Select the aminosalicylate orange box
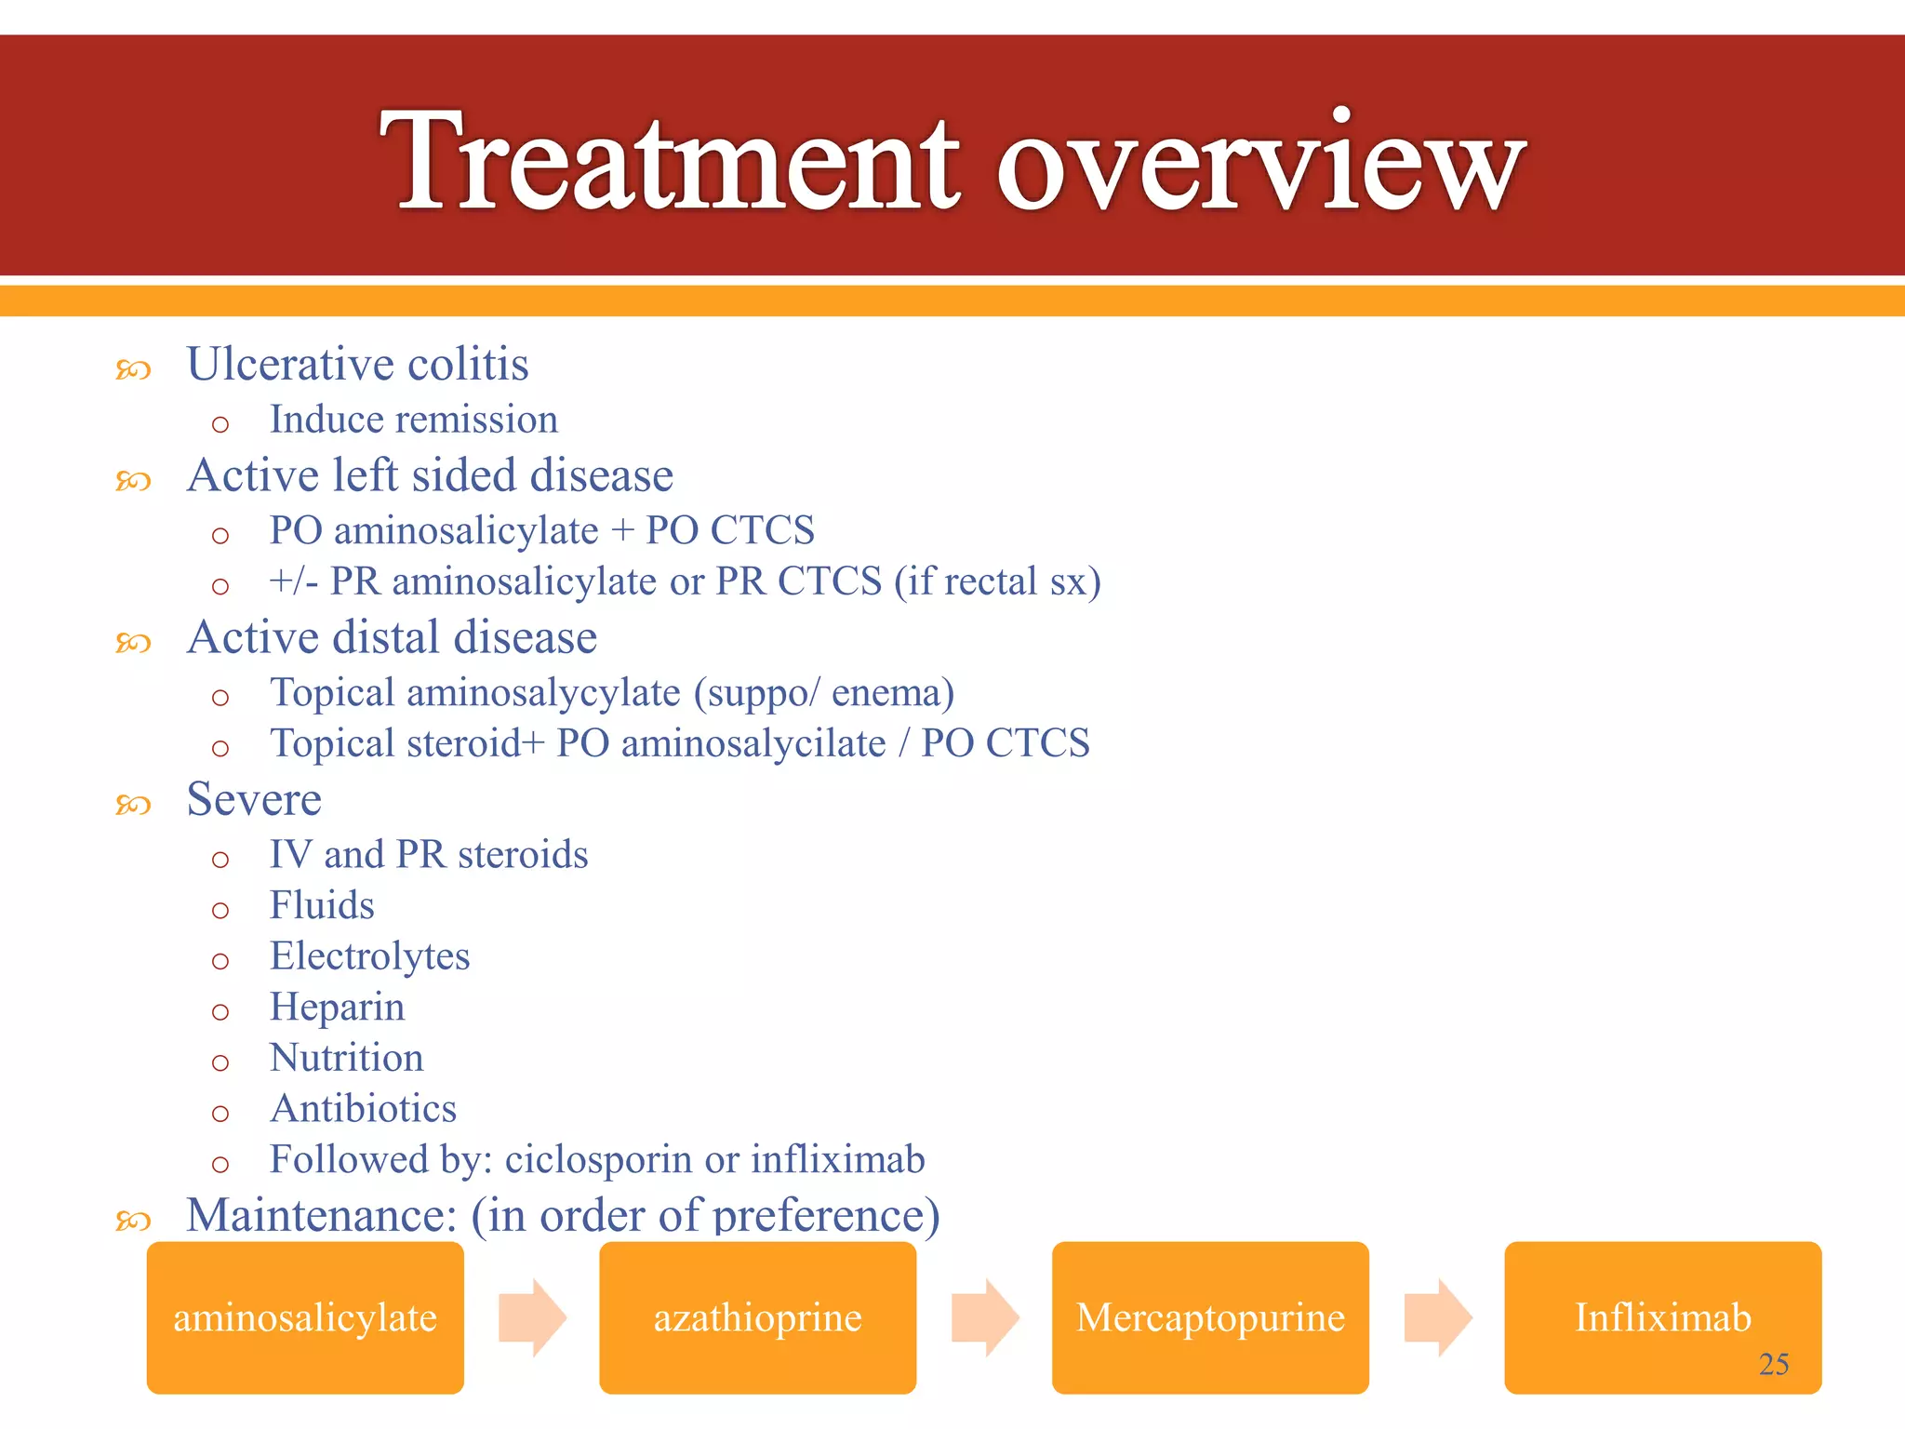click(305, 1317)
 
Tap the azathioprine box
click(757, 1317)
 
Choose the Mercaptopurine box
click(1210, 1317)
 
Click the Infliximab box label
click(1662, 1317)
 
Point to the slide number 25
click(1773, 1364)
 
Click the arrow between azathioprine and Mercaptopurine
click(985, 1317)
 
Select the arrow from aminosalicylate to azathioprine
click(532, 1317)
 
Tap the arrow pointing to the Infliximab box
click(1437, 1317)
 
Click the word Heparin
click(337, 1008)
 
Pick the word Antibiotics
click(363, 1109)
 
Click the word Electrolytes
click(369, 956)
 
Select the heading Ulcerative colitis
click(357, 364)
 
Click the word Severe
click(254, 799)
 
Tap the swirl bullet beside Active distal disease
click(133, 643)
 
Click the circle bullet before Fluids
click(220, 910)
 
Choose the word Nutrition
click(346, 1058)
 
